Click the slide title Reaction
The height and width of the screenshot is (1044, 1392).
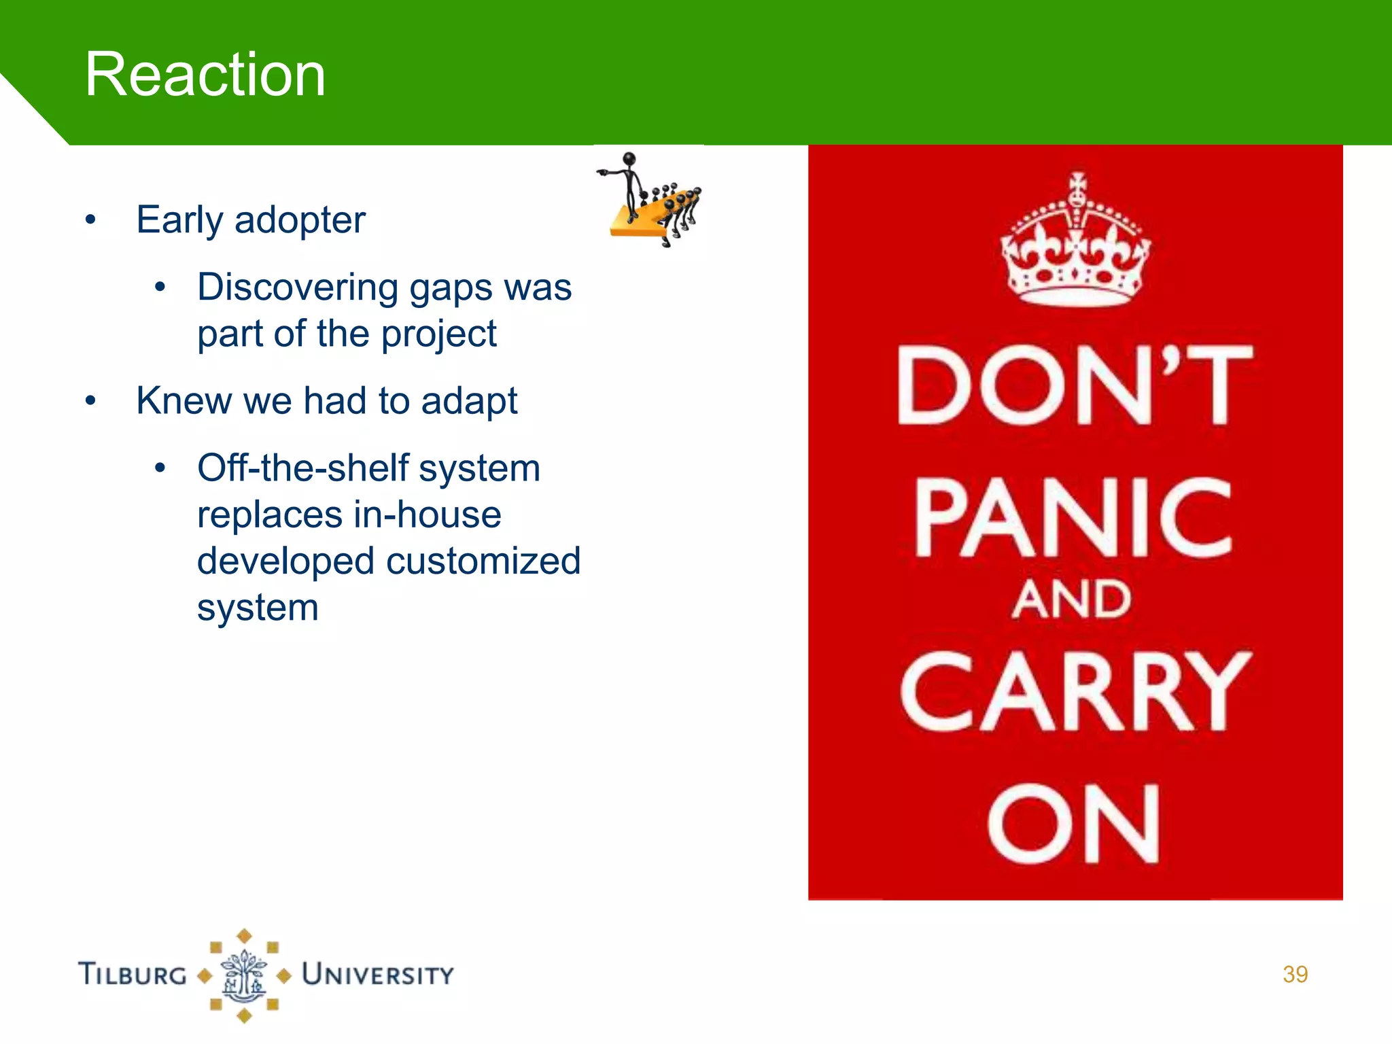(x=205, y=75)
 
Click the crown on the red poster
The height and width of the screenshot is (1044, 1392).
(x=1075, y=241)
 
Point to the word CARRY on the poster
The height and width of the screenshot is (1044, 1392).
(x=1075, y=692)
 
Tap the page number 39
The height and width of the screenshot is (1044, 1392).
(x=1295, y=974)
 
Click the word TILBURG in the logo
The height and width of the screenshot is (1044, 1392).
(x=133, y=974)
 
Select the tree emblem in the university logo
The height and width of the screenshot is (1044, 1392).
(x=244, y=976)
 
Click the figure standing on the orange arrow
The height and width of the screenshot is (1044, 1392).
(x=628, y=184)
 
